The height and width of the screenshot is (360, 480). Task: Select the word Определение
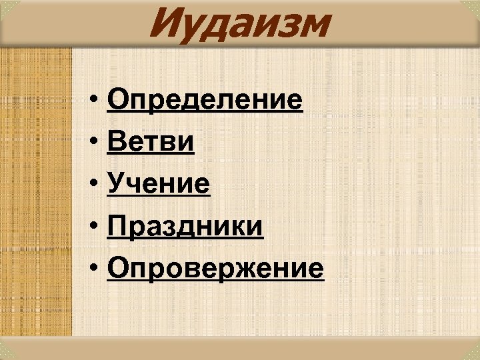tap(204, 101)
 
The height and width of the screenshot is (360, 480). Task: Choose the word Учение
tap(159, 185)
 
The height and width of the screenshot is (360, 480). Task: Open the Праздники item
tap(185, 227)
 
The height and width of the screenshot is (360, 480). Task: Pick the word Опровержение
tap(215, 269)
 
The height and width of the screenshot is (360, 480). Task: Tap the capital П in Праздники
tap(116, 227)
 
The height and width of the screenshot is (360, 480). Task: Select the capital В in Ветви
tap(116, 143)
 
